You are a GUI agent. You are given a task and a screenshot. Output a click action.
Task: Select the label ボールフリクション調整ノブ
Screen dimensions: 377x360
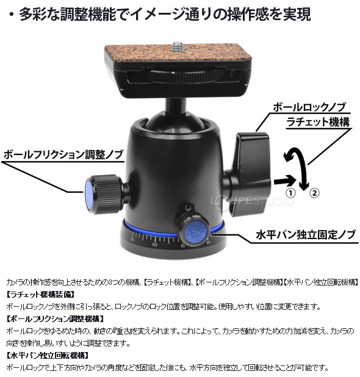point(63,154)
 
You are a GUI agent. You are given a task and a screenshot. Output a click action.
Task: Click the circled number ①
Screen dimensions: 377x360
point(290,193)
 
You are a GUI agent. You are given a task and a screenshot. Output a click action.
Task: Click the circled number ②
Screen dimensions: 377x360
point(314,193)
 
